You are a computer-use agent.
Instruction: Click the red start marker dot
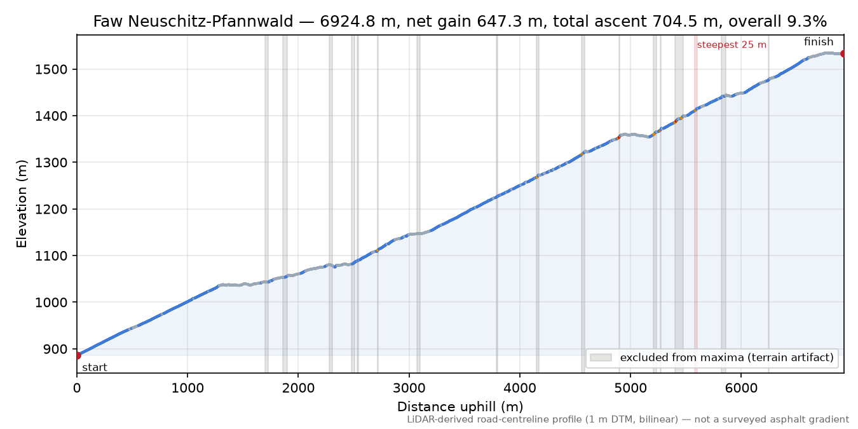77,355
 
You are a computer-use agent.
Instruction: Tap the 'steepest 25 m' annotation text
732,45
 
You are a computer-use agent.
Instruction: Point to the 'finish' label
819,41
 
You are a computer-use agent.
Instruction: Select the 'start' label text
95,368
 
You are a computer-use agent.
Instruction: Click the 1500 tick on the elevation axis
51,69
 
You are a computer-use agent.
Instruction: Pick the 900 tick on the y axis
57,349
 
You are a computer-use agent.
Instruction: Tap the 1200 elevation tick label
51,209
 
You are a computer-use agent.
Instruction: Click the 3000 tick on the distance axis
409,388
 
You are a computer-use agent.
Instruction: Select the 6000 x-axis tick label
741,388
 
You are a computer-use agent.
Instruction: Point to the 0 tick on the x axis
77,388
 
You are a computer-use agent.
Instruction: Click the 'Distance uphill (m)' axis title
460,406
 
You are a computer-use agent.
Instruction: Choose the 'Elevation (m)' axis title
22,204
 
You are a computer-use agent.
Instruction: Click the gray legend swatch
601,357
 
